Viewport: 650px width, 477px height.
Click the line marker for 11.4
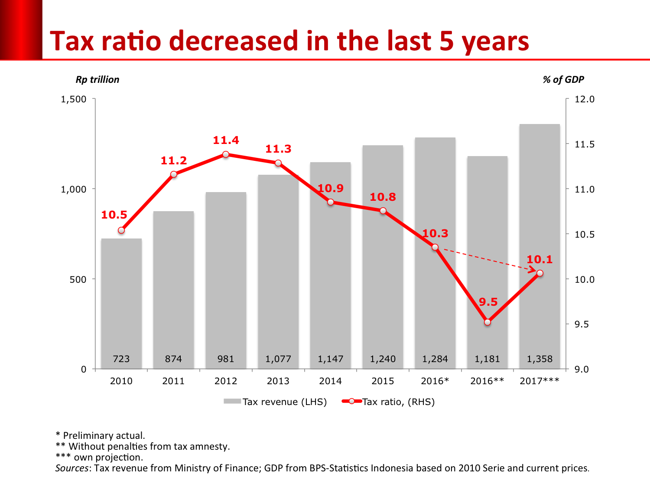(x=226, y=154)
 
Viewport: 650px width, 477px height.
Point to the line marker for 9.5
(x=487, y=322)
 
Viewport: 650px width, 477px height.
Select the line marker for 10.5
(x=121, y=230)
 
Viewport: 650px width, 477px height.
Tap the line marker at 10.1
(x=540, y=273)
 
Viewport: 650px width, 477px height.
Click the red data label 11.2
(x=174, y=160)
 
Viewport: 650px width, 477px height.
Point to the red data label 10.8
(x=383, y=197)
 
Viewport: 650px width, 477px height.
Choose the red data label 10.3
(x=435, y=233)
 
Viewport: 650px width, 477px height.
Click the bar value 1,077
(x=278, y=359)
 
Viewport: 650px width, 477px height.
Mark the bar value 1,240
(x=383, y=359)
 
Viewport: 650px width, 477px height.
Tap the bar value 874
(x=173, y=359)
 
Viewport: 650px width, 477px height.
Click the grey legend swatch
(x=232, y=401)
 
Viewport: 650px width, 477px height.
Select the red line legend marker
(x=352, y=401)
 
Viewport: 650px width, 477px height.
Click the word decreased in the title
(x=234, y=42)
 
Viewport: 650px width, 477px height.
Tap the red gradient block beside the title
(x=21, y=29)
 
